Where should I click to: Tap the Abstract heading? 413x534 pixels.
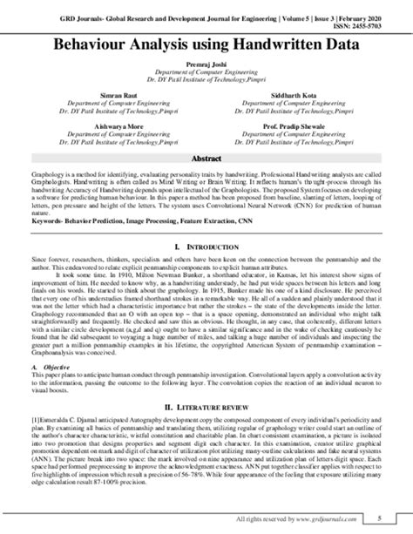[206, 160]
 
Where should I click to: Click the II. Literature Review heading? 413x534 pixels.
[206, 407]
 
